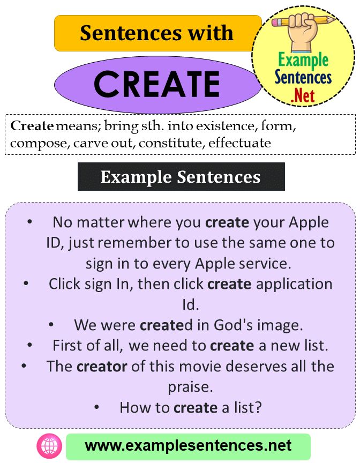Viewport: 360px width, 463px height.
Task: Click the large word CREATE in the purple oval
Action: (x=157, y=84)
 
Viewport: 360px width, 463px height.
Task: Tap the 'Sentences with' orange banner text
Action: (x=157, y=33)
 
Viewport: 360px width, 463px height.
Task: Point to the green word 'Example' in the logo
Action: (x=303, y=61)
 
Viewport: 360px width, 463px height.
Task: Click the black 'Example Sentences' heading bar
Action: (x=181, y=177)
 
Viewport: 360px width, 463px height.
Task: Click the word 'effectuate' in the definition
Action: (x=240, y=143)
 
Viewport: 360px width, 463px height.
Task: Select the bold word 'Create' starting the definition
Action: (x=32, y=126)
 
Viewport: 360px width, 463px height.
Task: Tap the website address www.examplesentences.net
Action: (x=188, y=446)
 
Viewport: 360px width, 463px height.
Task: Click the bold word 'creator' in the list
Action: (x=102, y=367)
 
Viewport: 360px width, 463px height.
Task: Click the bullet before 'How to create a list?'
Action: (x=96, y=408)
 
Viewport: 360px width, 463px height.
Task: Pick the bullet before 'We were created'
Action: (x=51, y=325)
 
